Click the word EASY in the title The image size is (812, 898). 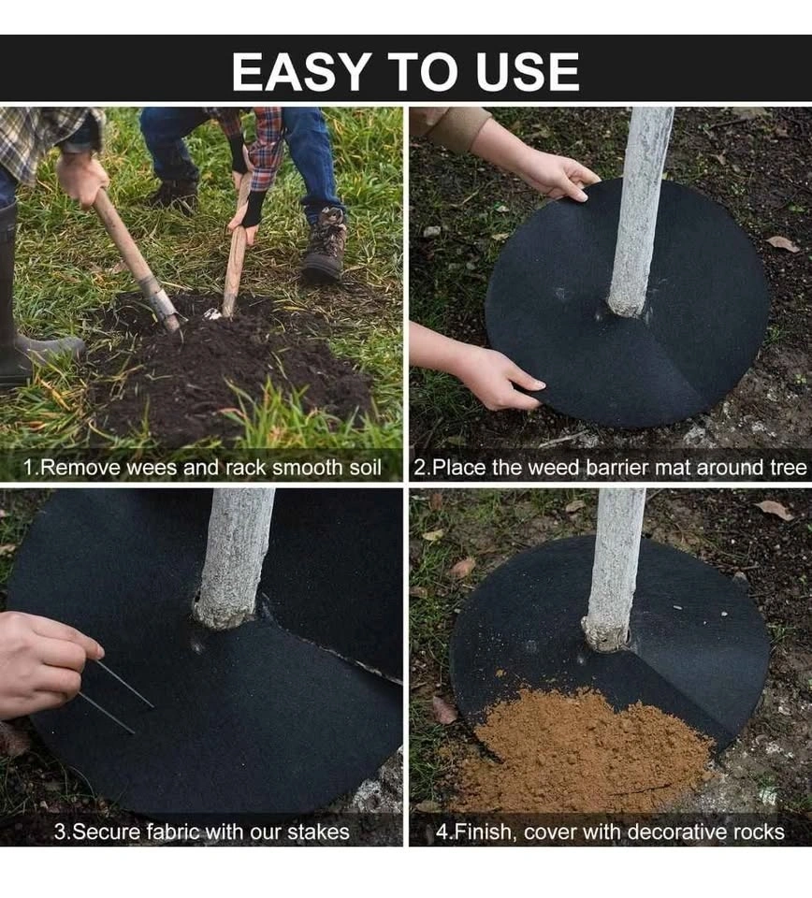[300, 72]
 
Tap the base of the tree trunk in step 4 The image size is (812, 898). [607, 633]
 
